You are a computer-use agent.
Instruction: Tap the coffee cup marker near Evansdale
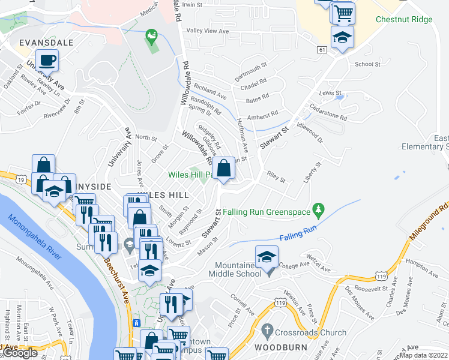tap(47, 61)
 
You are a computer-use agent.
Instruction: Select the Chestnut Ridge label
tap(403, 20)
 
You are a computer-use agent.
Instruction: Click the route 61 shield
tap(322, 49)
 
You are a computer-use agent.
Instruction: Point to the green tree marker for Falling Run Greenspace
tap(320, 211)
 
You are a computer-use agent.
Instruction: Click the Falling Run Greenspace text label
tap(267, 212)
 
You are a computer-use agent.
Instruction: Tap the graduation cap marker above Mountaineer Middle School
tap(267, 257)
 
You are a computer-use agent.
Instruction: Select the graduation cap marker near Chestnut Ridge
tap(342, 37)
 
